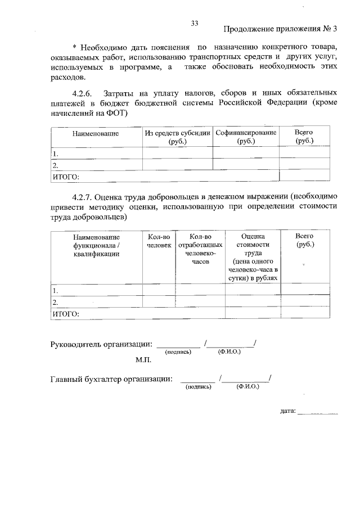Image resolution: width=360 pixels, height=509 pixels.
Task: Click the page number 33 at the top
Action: tap(195, 23)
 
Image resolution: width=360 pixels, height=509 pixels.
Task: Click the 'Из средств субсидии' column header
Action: tap(177, 137)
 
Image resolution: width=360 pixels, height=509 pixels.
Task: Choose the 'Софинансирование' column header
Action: tap(246, 137)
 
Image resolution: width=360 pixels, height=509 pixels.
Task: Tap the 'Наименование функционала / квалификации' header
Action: tap(95, 245)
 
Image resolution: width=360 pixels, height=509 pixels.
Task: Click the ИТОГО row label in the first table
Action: tap(66, 177)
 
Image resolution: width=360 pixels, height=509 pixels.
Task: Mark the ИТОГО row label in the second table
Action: tap(66, 314)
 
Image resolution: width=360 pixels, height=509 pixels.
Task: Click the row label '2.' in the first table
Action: tap(56, 165)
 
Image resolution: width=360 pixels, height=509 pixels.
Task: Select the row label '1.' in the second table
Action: tap(56, 291)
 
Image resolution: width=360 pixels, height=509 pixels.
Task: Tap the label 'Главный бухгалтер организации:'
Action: tap(111, 379)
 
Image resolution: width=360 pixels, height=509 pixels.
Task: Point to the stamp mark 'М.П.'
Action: tap(143, 358)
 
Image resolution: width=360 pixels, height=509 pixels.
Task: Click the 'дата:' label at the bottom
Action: tap(287, 411)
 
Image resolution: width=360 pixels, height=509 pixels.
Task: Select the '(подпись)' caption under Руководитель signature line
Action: tap(178, 352)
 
